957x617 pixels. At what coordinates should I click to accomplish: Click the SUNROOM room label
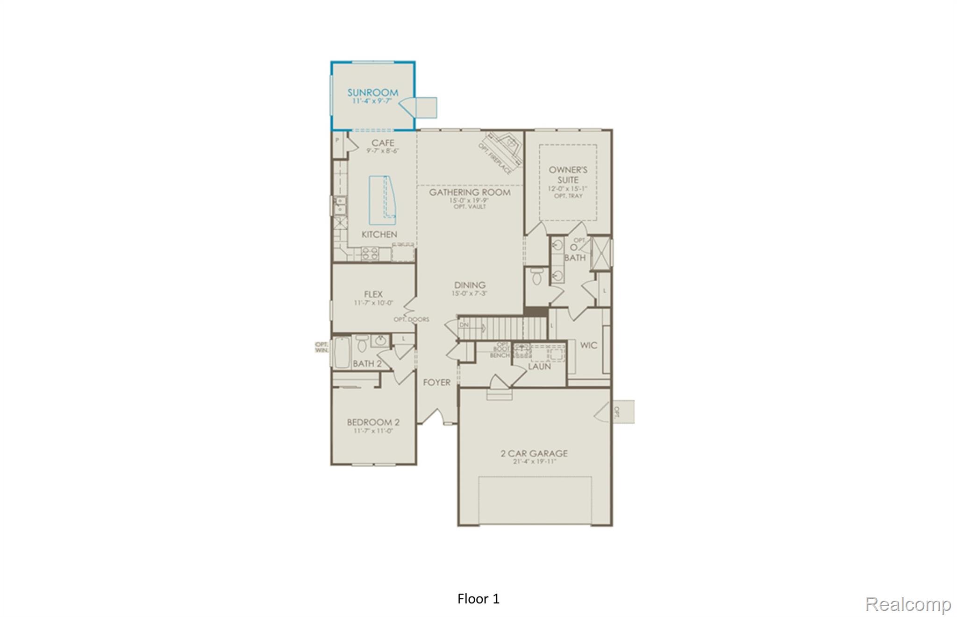point(372,92)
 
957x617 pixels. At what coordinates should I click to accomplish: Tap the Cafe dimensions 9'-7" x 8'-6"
point(382,151)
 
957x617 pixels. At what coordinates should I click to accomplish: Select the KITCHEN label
point(379,234)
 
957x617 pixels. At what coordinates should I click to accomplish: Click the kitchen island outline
point(381,200)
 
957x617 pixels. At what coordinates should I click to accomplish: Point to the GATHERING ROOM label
point(470,192)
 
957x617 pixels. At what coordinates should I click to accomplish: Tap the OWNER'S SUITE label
point(568,175)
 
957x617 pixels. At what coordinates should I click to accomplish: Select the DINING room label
point(470,285)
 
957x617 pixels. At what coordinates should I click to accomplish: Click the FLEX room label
point(373,294)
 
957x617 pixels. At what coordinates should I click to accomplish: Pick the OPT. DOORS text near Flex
point(411,319)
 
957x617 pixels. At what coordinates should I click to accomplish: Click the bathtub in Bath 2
point(342,353)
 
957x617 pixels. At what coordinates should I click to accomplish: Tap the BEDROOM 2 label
point(373,422)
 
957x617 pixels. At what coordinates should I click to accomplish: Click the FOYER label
point(436,383)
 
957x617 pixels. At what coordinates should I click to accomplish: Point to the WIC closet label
point(588,345)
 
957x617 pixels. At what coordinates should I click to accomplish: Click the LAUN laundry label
point(539,367)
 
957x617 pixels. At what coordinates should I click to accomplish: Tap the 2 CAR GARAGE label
point(534,454)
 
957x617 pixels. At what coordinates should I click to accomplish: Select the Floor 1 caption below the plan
point(478,599)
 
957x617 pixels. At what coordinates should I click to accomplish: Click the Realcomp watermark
point(908,604)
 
